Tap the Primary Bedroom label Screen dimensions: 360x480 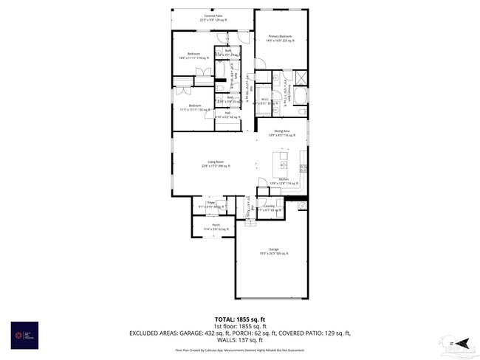point(280,38)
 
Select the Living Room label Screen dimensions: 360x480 point(216,165)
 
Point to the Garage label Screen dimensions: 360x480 point(273,252)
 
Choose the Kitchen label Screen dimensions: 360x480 point(284,181)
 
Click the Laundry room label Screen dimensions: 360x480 point(270,208)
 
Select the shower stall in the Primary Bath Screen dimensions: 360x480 point(303,77)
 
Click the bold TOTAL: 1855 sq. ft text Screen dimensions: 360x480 point(240,318)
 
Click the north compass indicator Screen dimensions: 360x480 point(460,342)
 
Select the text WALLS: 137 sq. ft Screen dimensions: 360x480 point(240,341)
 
